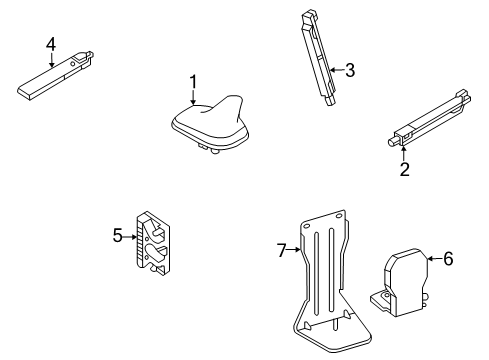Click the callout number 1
[193, 83]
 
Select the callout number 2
[404, 169]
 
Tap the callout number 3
[350, 70]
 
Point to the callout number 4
[51, 44]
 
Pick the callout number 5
[118, 235]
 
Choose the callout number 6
[448, 258]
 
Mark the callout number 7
[282, 250]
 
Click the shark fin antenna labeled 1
[210, 124]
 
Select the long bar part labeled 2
[430, 118]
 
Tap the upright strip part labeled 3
[319, 57]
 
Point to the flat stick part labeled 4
[55, 76]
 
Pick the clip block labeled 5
[153, 244]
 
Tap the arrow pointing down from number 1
[193, 98]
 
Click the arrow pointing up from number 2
[404, 153]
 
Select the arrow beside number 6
[435, 258]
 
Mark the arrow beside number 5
[130, 237]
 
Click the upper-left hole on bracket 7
[306, 226]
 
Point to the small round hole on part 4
[72, 63]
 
